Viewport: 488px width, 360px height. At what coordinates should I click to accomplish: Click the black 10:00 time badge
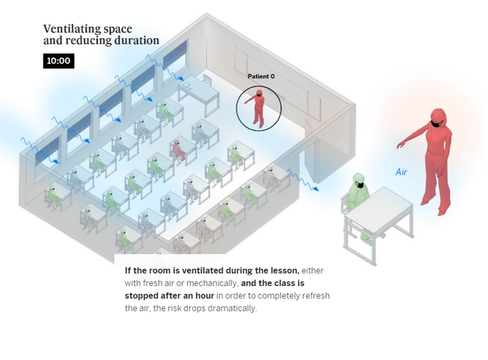(x=58, y=61)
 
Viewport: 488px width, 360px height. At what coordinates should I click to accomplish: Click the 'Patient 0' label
(x=261, y=76)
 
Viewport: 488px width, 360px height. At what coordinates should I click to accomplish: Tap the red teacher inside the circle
(x=259, y=108)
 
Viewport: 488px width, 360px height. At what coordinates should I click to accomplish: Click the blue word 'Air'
(x=401, y=172)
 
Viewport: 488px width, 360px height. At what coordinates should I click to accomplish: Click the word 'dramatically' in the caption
(x=231, y=308)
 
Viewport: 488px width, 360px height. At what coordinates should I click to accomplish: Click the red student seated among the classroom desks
(x=178, y=149)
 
